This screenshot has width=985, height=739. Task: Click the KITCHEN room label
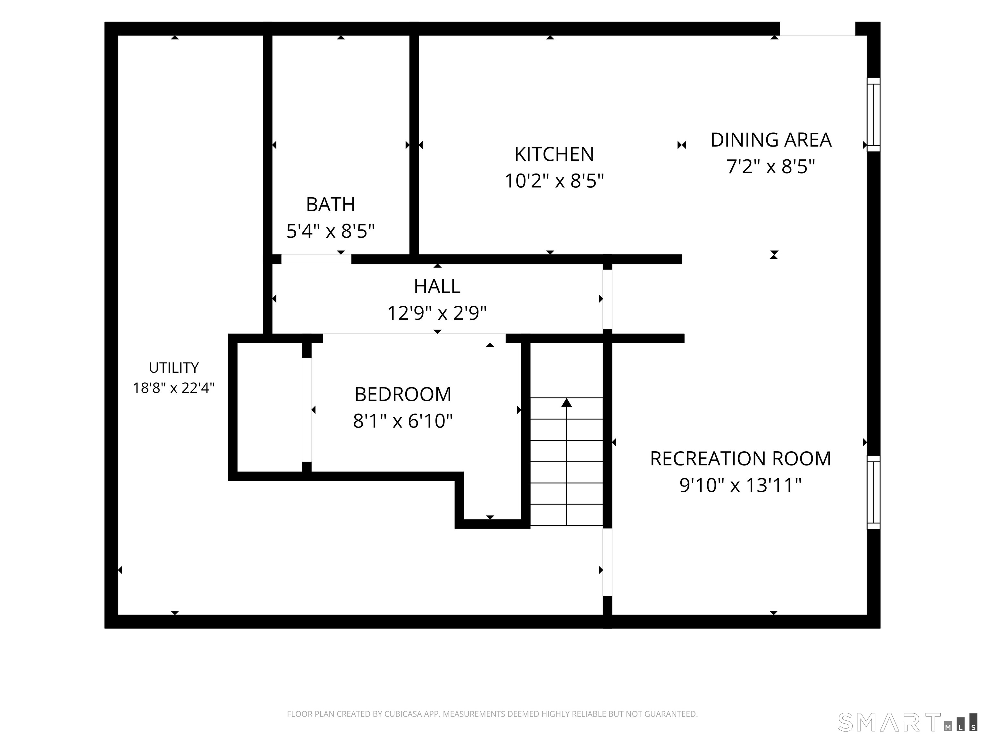[554, 154]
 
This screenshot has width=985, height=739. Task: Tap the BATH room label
[330, 204]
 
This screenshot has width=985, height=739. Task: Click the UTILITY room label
[174, 368]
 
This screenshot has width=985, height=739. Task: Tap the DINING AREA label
[771, 140]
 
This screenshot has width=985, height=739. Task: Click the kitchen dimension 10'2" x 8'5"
[554, 181]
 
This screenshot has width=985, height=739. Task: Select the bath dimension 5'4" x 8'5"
[330, 231]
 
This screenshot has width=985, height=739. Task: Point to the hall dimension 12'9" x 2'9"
[437, 313]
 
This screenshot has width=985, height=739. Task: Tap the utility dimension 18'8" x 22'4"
[174, 387]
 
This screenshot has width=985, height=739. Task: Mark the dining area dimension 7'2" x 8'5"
[771, 166]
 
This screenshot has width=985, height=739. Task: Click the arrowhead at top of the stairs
[567, 403]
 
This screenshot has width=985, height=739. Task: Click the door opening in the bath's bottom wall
[316, 259]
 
